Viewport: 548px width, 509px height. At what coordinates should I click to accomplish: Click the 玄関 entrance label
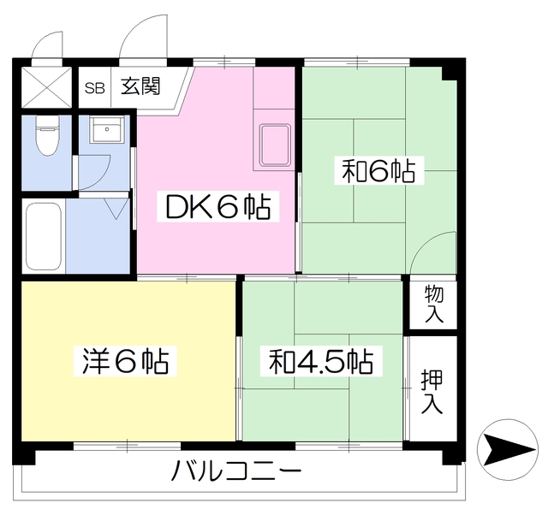pyautogui.click(x=140, y=86)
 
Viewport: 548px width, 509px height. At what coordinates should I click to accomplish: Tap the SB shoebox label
pyautogui.click(x=94, y=87)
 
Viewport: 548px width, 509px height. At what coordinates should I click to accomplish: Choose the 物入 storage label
pyautogui.click(x=433, y=304)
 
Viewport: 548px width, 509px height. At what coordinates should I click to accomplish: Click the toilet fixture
pyautogui.click(x=46, y=137)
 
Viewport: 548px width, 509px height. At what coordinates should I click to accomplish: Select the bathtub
pyautogui.click(x=42, y=235)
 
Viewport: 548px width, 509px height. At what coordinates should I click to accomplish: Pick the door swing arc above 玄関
pyautogui.click(x=140, y=39)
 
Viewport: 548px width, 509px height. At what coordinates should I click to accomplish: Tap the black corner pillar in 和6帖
pyautogui.click(x=449, y=74)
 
